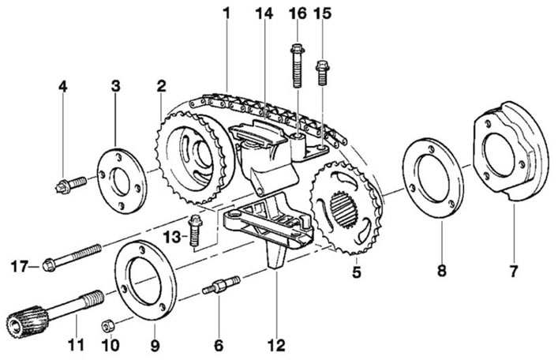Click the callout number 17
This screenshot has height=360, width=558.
20,266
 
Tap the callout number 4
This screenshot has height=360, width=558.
63,87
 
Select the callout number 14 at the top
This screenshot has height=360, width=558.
264,13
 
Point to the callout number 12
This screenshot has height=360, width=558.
276,346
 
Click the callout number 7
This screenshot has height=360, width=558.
513,272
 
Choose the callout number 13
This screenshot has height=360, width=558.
172,237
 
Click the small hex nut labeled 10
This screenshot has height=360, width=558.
107,325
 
